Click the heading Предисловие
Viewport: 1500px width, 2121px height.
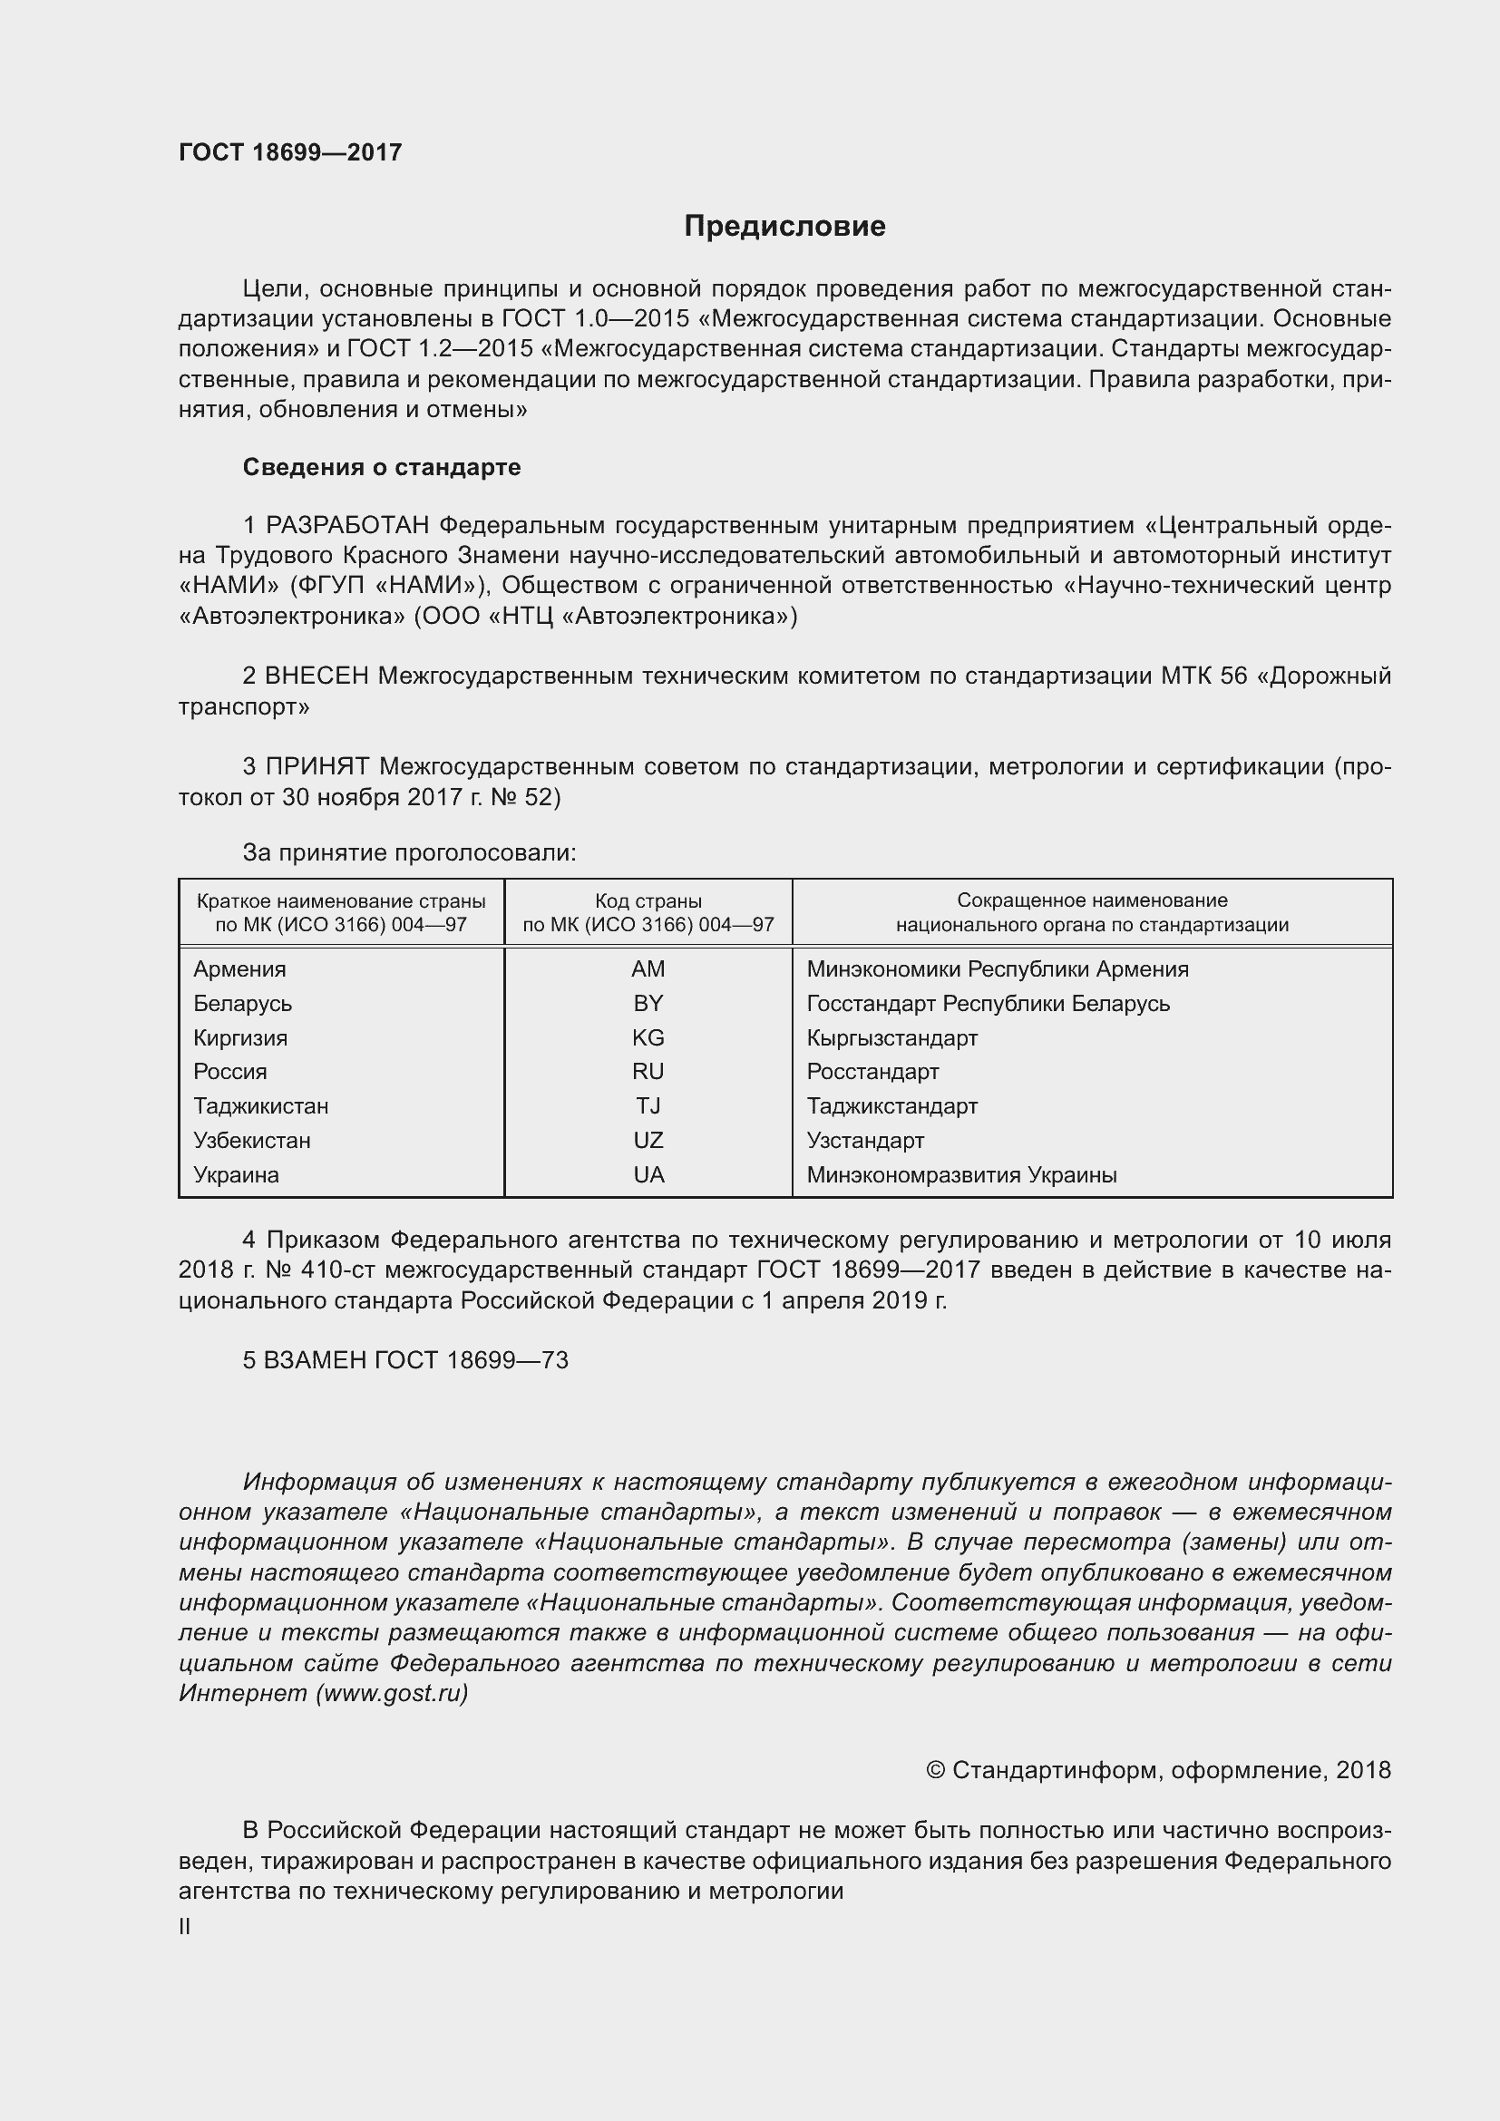point(784,227)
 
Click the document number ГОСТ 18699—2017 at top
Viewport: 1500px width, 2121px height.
point(290,152)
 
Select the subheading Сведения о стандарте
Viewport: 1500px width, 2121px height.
point(382,467)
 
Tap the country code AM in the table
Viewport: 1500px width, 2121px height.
point(648,969)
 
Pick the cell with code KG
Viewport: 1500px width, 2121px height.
point(648,1037)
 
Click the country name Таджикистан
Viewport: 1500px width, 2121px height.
point(260,1105)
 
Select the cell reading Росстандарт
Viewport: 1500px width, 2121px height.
point(872,1072)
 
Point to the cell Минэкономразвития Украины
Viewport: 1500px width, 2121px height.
point(961,1175)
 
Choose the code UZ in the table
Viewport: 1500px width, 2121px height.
point(648,1140)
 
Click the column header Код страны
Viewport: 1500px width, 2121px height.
point(648,900)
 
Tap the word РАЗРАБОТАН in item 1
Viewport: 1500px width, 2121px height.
point(347,526)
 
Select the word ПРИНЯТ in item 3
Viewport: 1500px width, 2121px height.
point(317,767)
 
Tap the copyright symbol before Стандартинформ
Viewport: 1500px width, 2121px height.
point(935,1770)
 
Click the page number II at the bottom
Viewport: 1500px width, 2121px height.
point(185,1927)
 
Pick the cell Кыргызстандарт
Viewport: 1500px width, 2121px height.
point(891,1037)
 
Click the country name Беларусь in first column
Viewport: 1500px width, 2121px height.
point(242,1003)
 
